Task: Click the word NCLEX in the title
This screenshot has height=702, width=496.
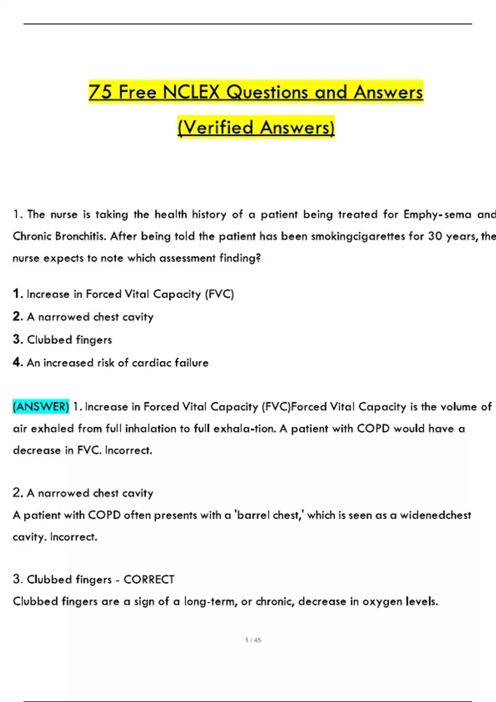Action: [191, 92]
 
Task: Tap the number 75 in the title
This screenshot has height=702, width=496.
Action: [100, 92]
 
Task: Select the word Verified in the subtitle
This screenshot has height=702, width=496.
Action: [217, 127]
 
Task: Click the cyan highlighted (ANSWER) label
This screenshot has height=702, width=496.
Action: [41, 407]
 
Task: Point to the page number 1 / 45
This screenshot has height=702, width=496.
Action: [253, 640]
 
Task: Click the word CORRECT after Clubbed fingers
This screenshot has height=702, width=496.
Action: [149, 579]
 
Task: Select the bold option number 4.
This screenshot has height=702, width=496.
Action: [17, 362]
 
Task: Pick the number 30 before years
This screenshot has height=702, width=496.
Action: [435, 236]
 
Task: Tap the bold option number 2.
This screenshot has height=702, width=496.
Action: [17, 316]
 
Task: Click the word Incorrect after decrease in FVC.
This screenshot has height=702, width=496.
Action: [128, 450]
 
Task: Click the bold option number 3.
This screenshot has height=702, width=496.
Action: [17, 339]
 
